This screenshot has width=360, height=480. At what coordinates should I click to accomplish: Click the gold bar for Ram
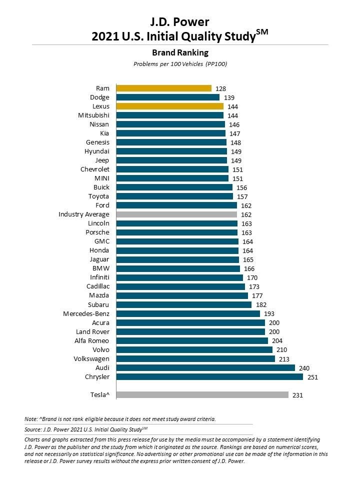coord(164,88)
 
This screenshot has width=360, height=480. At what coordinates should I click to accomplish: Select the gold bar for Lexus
coord(169,106)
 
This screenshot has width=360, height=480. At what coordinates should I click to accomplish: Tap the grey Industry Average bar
coord(176,214)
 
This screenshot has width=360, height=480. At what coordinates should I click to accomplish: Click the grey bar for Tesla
coord(202,394)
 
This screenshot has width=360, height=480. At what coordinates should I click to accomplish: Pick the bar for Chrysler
coord(209,376)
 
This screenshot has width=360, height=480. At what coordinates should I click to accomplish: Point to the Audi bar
coord(205,367)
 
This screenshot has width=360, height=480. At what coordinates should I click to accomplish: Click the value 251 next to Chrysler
coord(312,377)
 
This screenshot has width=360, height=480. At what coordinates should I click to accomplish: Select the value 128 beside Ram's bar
coord(220,89)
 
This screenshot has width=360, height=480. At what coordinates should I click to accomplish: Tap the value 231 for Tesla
coord(297,395)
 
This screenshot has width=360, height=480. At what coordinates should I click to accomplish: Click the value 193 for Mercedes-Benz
coord(269,314)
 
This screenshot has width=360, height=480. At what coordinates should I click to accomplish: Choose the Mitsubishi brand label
coord(93,115)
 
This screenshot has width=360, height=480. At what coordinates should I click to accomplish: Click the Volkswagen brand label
coord(92,358)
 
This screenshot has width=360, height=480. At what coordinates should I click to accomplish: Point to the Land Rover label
coord(92,331)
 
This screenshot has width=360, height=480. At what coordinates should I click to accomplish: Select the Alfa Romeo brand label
coord(92,340)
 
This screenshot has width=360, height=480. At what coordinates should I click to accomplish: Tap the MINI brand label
coord(102,178)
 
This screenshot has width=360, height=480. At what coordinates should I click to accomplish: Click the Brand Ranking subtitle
coord(179,52)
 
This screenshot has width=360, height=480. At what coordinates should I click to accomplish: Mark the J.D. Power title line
coord(179,21)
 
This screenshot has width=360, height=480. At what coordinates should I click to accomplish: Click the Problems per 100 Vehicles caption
coord(179,64)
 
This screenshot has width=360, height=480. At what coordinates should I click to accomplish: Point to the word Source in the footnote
coord(33,429)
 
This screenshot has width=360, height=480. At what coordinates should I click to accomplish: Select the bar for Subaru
coord(184,304)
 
